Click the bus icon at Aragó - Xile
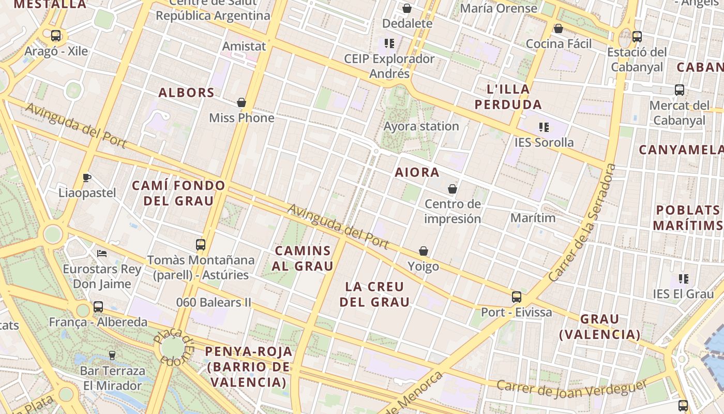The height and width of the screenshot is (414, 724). click(56, 36)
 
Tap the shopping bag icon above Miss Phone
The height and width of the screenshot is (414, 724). click(241, 102)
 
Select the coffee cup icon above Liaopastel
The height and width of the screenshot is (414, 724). click(87, 178)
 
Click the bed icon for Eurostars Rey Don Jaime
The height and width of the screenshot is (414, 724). click(102, 254)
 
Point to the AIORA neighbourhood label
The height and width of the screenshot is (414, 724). click(417, 172)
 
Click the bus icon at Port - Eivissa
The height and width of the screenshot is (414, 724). click(516, 297)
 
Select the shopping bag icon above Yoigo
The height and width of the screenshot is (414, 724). click(424, 252)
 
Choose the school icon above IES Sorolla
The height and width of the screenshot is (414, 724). click(544, 127)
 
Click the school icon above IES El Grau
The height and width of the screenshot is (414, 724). click(684, 279)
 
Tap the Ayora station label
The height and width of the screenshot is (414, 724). click(421, 126)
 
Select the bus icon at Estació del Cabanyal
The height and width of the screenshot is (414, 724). click(637, 37)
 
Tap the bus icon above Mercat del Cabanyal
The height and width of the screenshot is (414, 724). click(680, 90)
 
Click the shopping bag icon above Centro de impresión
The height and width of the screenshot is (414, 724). click(452, 189)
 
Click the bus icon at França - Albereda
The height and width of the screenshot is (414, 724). click(98, 307)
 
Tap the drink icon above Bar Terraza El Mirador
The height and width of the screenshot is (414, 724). click(112, 356)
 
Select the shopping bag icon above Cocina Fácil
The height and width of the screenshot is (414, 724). click(558, 28)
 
